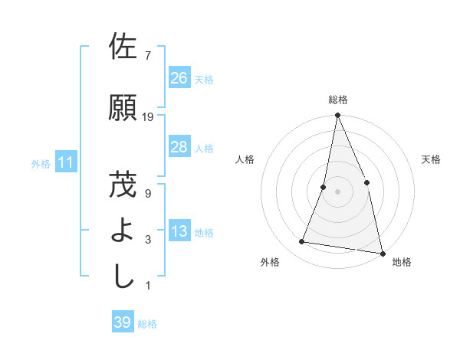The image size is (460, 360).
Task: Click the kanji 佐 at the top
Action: (123, 47)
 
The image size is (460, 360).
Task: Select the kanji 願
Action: (123, 108)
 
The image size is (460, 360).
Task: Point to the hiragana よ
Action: (123, 230)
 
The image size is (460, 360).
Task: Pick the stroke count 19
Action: (148, 117)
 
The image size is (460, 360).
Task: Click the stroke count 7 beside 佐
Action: (147, 56)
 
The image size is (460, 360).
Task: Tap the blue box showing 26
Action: (179, 77)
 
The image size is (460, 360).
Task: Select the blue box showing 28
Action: (179, 146)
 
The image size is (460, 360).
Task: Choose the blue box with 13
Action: (179, 231)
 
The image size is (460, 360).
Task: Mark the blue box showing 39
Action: (122, 322)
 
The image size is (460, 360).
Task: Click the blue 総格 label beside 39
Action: (147, 324)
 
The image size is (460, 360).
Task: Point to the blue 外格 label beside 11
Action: (41, 163)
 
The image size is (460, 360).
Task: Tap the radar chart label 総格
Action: (338, 100)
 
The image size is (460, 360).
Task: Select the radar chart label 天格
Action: (431, 159)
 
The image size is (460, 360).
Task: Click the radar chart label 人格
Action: (245, 159)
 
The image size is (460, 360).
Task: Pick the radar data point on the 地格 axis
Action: (382, 253)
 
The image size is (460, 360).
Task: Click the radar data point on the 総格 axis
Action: (337, 116)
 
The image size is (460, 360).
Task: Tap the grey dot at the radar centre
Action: (337, 191)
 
